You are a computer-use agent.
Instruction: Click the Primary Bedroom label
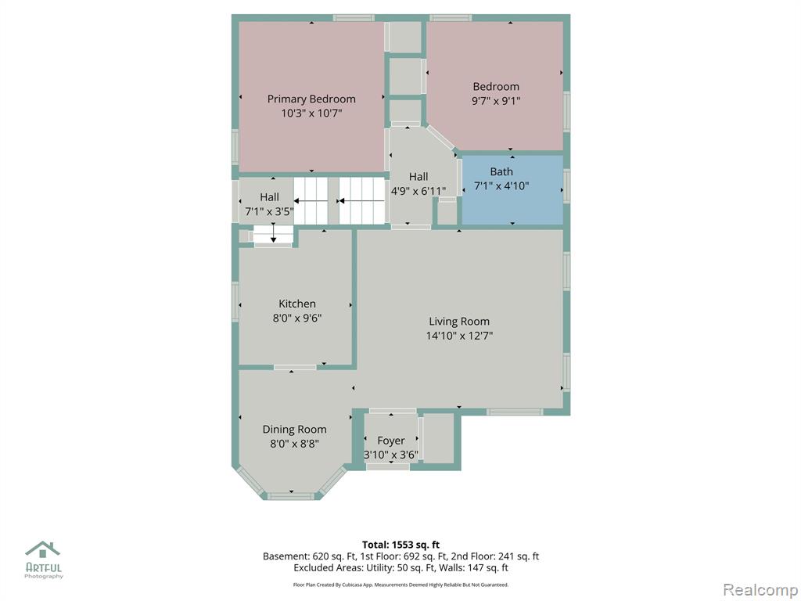coord(311,99)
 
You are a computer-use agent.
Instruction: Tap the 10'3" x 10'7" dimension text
coord(311,113)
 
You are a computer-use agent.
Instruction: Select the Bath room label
coord(501,171)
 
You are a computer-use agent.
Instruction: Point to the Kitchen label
coord(296,304)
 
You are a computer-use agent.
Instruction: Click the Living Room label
coord(459,322)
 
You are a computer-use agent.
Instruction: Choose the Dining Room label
coord(294,430)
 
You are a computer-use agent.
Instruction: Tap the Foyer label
coord(391,441)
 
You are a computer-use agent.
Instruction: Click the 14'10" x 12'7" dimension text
coord(459,336)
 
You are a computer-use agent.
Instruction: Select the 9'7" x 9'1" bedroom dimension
coord(495,101)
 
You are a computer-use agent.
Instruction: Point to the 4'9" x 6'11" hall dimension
coord(418,191)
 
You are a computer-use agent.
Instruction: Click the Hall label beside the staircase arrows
coord(269,197)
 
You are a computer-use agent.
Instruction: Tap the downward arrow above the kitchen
coord(273,233)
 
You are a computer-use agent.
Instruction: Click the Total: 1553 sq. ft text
coord(400,545)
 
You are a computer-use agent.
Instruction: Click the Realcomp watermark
coord(760,590)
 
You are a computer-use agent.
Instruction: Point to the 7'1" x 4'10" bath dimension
coord(501,186)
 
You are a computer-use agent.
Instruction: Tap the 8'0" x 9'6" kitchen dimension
coord(296,318)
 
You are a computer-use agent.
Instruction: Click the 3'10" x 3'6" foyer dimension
coord(391,455)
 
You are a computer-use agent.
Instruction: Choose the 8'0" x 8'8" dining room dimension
coord(294,444)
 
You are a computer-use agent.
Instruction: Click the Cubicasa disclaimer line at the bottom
coord(400,585)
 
